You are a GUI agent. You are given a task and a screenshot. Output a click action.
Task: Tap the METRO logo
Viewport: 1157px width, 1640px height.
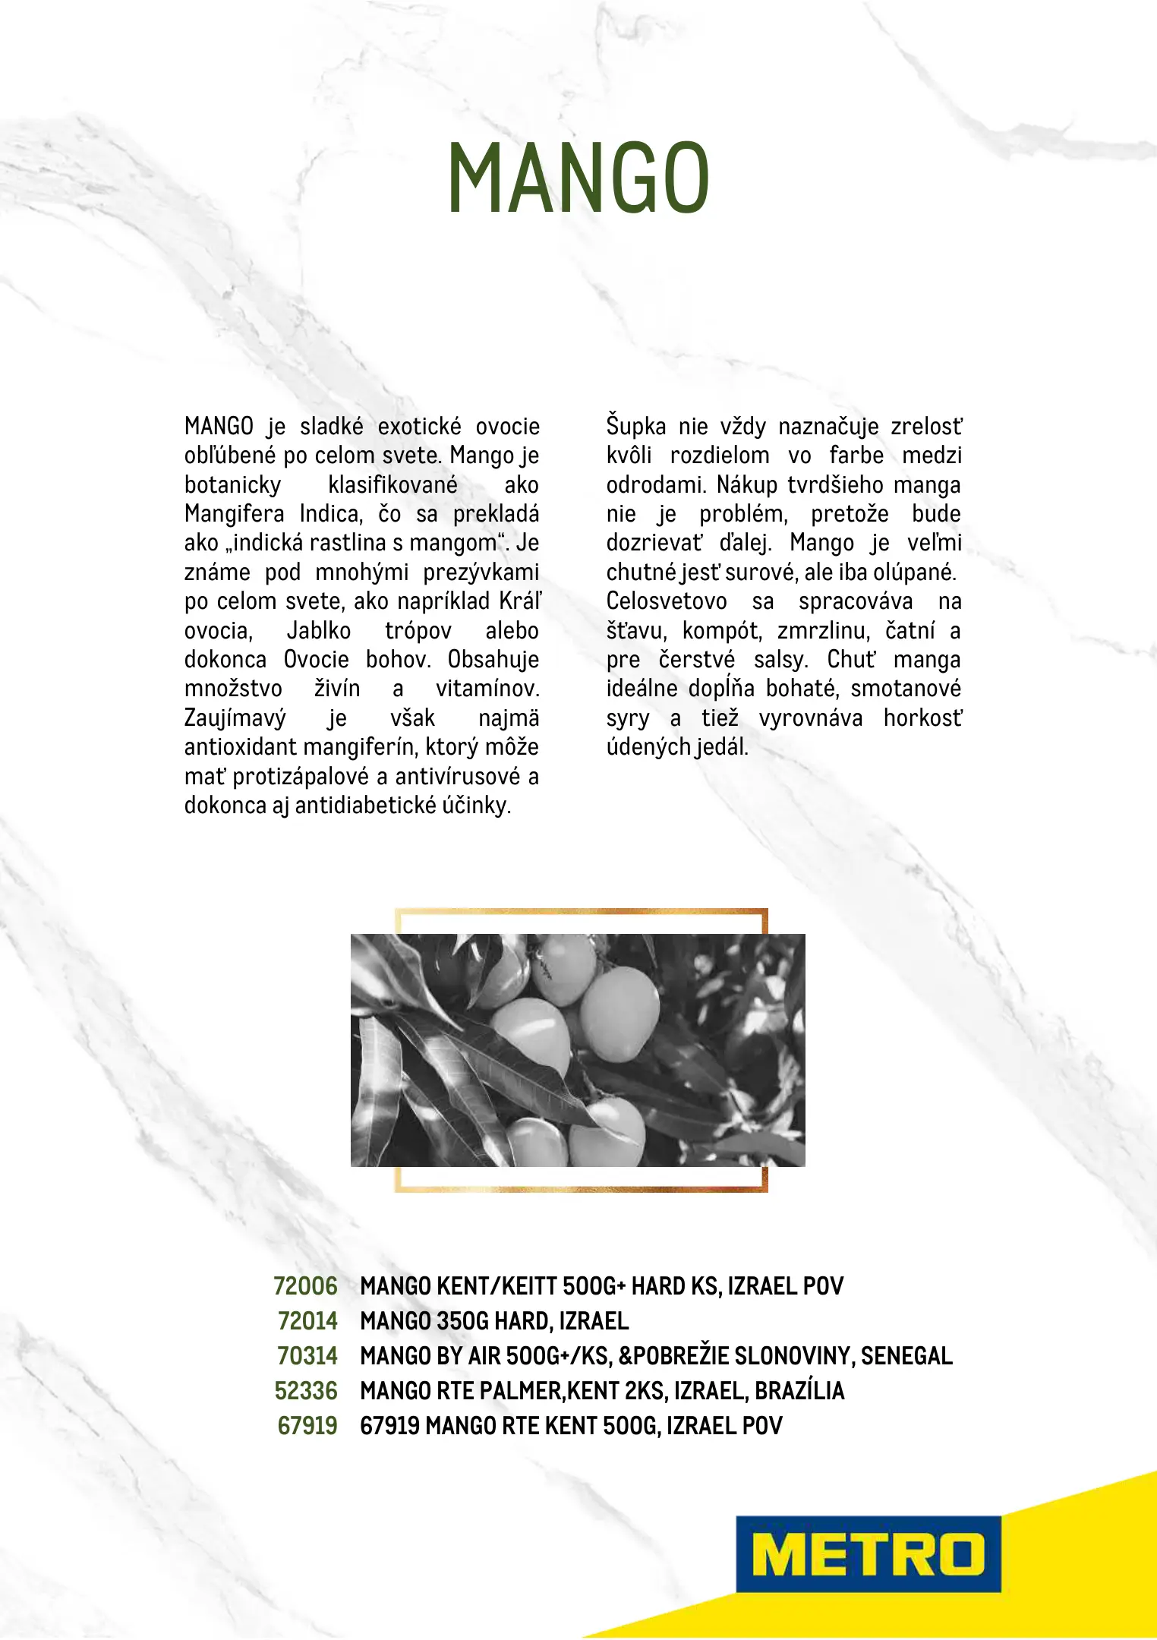pyautogui.click(x=868, y=1553)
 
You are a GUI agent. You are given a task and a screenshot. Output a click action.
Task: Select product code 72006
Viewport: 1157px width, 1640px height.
pyautogui.click(x=305, y=1286)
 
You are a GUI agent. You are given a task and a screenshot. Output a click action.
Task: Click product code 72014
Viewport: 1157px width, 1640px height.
pyautogui.click(x=307, y=1321)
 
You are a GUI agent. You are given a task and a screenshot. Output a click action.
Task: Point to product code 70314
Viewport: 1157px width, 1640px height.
pyautogui.click(x=307, y=1356)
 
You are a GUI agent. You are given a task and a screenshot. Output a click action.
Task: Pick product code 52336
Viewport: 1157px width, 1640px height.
pyautogui.click(x=306, y=1391)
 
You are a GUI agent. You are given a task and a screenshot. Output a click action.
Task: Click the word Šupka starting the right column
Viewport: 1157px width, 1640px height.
pyautogui.click(x=636, y=427)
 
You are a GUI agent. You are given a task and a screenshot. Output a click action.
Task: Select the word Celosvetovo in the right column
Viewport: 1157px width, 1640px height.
pyautogui.click(x=667, y=601)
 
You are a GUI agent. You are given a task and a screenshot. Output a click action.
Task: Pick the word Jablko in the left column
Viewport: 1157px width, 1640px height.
pyautogui.click(x=319, y=631)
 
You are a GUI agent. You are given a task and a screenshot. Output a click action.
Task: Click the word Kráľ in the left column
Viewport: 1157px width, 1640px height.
pyautogui.click(x=520, y=601)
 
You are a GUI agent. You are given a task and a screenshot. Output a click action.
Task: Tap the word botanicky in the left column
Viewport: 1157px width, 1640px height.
pyautogui.click(x=232, y=485)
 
